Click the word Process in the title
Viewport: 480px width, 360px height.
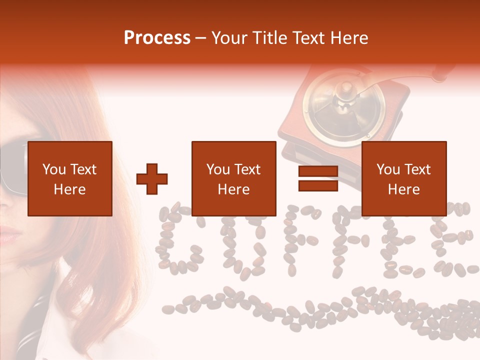click(157, 38)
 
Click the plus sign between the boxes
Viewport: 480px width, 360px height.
click(152, 179)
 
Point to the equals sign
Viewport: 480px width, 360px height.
click(318, 179)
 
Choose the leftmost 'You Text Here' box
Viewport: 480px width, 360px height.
click(70, 178)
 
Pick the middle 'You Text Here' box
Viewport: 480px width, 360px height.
click(234, 178)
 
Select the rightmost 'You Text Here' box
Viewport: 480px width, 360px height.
click(404, 178)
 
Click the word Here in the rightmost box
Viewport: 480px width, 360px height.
click(404, 189)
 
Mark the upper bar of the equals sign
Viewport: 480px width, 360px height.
click(318, 172)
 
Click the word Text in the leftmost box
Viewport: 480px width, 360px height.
click(83, 169)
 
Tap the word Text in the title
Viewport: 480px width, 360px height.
click(306, 38)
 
